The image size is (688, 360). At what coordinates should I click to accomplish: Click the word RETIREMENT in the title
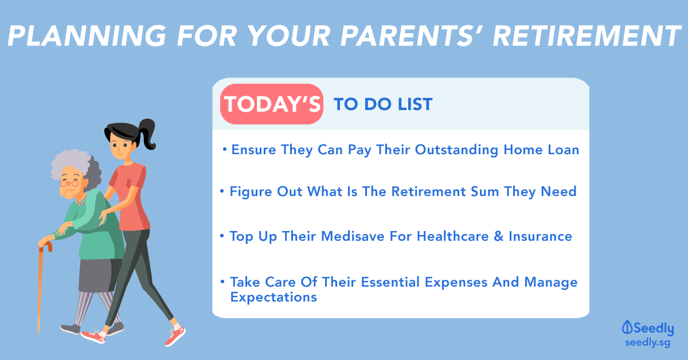point(587,36)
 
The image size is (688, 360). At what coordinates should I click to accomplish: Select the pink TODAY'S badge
point(272,104)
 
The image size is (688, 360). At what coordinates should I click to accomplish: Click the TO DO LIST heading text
point(384,104)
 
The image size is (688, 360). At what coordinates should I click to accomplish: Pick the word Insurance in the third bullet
point(540,236)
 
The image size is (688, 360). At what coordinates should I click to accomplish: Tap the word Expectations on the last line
point(273,297)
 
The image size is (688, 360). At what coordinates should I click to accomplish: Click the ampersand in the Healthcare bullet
point(499,237)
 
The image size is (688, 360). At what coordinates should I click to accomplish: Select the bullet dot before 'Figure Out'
point(222,191)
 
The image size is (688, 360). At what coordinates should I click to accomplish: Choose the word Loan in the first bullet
point(564,150)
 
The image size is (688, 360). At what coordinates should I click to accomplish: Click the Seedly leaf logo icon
point(627,327)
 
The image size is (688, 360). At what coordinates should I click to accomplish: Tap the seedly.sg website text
point(647,342)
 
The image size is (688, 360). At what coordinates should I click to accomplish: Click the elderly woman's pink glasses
point(69,183)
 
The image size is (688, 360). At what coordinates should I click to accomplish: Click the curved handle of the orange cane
point(46,246)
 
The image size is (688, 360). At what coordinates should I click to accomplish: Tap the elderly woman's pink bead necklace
point(81,200)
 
